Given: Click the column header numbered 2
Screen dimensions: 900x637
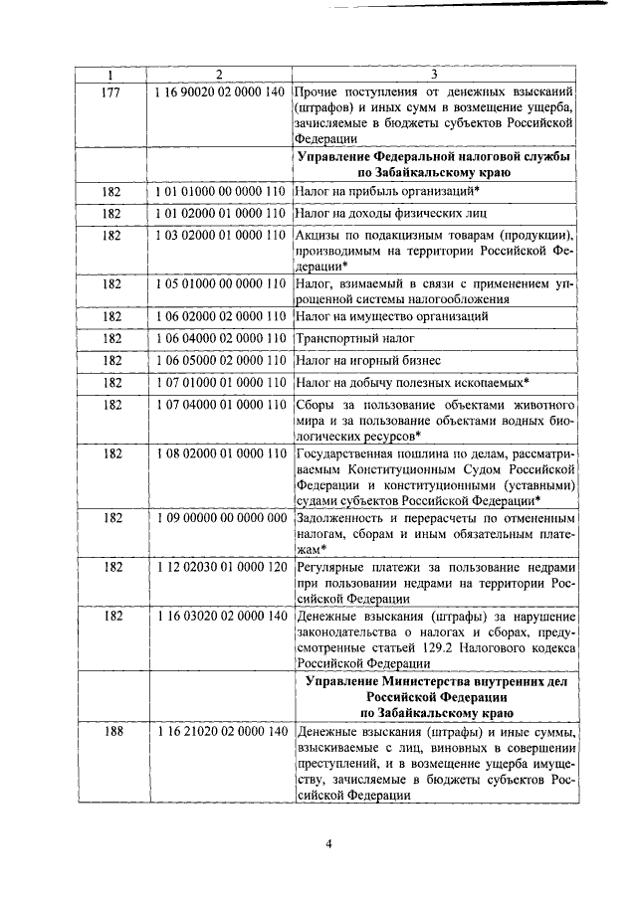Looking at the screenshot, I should click(219, 75).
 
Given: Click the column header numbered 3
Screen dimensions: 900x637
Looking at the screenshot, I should click(434, 75).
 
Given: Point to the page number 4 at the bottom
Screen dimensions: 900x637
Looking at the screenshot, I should click(327, 845).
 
